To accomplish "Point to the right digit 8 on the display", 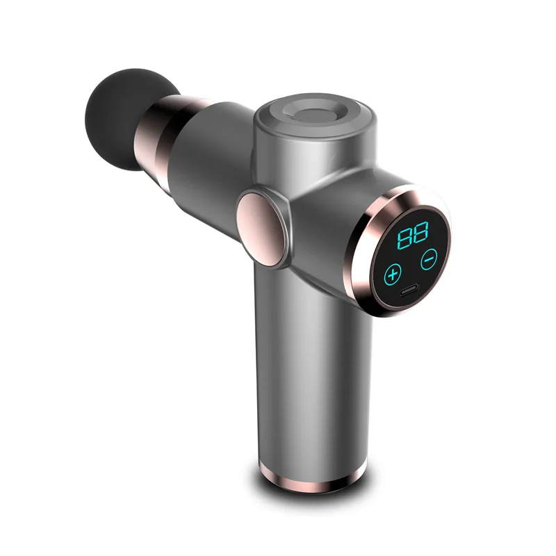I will pyautogui.click(x=420, y=234).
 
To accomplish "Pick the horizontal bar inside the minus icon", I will pyautogui.click(x=429, y=258).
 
